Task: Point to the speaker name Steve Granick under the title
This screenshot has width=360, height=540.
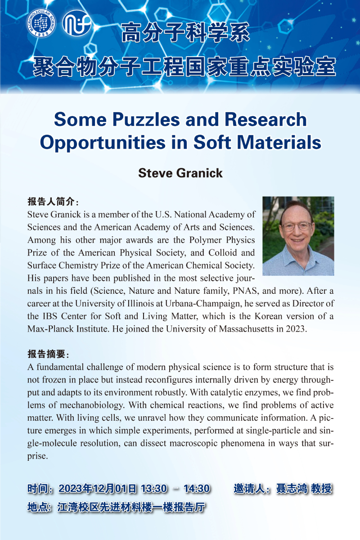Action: [x=180, y=173]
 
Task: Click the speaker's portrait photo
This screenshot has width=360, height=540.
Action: [x=298, y=236]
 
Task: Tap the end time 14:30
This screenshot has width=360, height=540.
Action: [x=197, y=489]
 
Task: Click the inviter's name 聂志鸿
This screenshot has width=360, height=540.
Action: [x=291, y=489]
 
